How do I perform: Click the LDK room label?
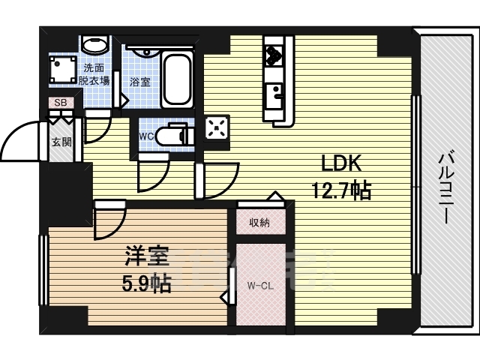coord(341,163)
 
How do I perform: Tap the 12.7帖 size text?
coord(341,190)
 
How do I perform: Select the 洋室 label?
coord(147,256)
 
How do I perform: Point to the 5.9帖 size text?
coord(147,283)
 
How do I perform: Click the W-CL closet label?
coord(260,286)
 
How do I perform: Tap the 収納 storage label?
coord(259,223)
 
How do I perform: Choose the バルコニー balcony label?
coord(445,188)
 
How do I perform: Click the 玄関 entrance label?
coord(61,142)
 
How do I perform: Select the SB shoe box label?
coord(60,103)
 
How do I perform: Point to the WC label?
coord(146,136)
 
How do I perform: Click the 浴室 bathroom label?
coord(140,82)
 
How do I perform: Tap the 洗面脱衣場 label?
coord(94,74)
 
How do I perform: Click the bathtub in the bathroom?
coord(177,79)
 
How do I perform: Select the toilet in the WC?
coord(175,135)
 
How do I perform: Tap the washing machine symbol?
coord(63,69)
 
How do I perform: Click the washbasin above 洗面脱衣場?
coord(95,44)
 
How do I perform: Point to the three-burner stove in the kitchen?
coord(274,55)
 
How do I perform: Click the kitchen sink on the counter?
coord(274,96)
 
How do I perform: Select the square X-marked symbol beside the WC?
coord(217,128)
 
